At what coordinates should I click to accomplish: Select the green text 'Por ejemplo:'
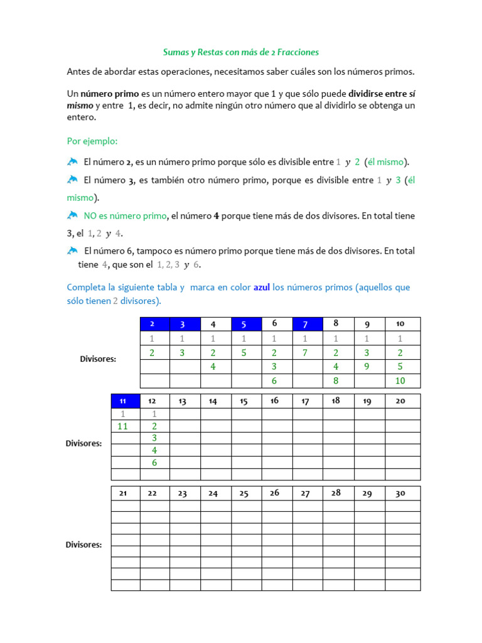92,141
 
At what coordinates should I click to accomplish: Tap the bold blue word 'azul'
262,288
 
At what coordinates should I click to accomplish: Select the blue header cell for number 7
305,324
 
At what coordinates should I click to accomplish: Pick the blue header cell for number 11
122,401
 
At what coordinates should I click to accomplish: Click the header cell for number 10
400,324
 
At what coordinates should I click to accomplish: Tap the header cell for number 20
400,401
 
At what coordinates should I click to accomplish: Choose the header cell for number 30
400,494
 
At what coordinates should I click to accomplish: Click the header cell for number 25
244,494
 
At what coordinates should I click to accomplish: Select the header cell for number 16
274,401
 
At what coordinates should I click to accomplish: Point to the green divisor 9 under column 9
367,367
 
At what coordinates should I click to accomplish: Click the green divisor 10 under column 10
400,381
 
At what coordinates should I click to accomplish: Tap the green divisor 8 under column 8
336,381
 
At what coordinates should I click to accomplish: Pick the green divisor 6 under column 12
154,463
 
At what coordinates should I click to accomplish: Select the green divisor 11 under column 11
122,426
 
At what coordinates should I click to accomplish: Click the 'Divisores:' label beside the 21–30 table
83,545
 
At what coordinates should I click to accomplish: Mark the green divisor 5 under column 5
244,353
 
